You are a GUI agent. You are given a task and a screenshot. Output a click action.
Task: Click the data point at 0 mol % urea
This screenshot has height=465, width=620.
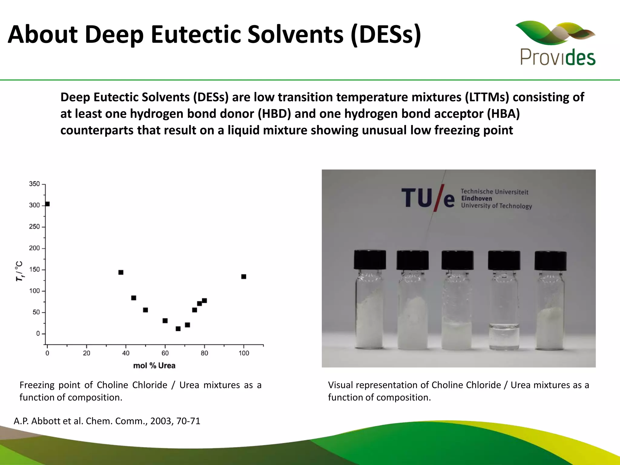47,204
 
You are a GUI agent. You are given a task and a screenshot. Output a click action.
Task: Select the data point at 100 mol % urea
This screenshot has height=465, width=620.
244,277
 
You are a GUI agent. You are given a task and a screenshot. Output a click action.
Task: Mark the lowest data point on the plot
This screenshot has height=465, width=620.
178,329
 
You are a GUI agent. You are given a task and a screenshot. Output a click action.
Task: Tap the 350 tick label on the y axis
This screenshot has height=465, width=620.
34,184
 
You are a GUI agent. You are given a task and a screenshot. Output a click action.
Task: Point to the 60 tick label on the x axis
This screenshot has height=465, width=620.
165,353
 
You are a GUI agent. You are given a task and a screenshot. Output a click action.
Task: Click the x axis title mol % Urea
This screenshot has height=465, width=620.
154,366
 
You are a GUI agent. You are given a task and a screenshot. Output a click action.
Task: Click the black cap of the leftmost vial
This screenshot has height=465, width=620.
370,260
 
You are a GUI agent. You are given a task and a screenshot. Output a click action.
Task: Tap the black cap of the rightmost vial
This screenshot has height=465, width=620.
550,260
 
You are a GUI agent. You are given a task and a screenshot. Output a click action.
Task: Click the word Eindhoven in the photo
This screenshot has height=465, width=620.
477,199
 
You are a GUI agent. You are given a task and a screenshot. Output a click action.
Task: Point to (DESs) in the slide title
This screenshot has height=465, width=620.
386,34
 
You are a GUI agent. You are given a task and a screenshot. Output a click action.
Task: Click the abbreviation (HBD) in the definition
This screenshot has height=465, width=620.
274,114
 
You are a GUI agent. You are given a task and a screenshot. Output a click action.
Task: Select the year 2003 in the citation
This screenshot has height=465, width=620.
161,421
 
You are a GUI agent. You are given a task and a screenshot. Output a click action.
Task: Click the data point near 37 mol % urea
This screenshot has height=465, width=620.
121,272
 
